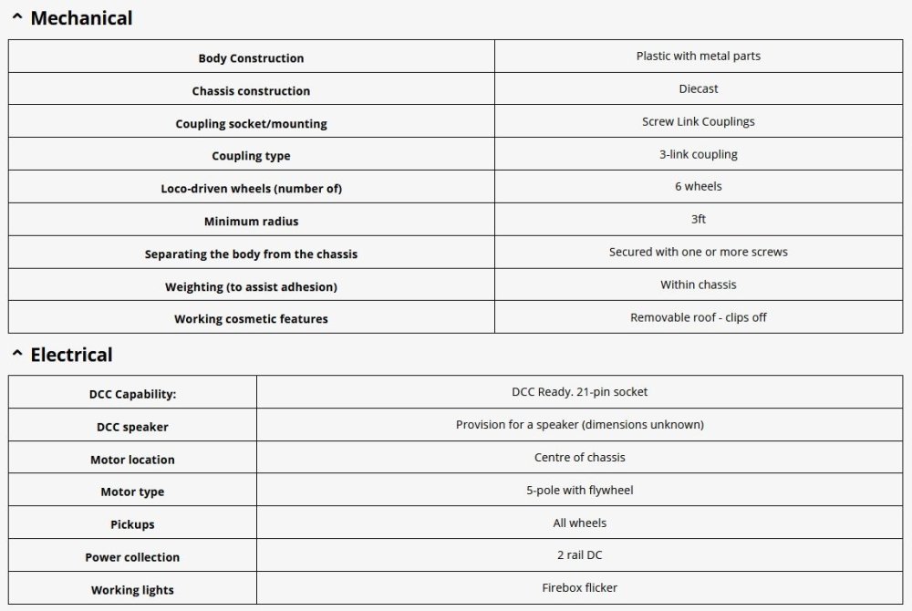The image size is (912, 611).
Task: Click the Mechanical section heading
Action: [81, 18]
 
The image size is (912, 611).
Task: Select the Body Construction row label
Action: [251, 58]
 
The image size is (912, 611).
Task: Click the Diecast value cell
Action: [699, 88]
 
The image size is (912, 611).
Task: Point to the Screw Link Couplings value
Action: [699, 121]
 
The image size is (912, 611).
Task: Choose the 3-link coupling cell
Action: [699, 154]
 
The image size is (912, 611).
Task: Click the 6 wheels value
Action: [699, 186]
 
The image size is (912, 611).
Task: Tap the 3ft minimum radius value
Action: [699, 219]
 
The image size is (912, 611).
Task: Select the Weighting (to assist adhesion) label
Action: [251, 286]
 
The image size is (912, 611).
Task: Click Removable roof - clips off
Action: [699, 317]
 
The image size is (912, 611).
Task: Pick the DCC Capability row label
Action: [132, 394]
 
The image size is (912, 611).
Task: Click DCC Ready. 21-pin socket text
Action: [580, 392]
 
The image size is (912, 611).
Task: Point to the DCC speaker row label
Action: [132, 427]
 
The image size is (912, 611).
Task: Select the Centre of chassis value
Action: [580, 457]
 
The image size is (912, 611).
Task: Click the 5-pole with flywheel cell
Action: [580, 490]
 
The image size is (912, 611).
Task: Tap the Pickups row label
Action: [132, 524]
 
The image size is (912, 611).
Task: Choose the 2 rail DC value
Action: [580, 554]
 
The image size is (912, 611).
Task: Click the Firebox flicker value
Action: [580, 587]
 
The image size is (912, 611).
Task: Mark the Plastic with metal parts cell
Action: [699, 56]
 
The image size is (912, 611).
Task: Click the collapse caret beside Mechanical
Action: [16, 16]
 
